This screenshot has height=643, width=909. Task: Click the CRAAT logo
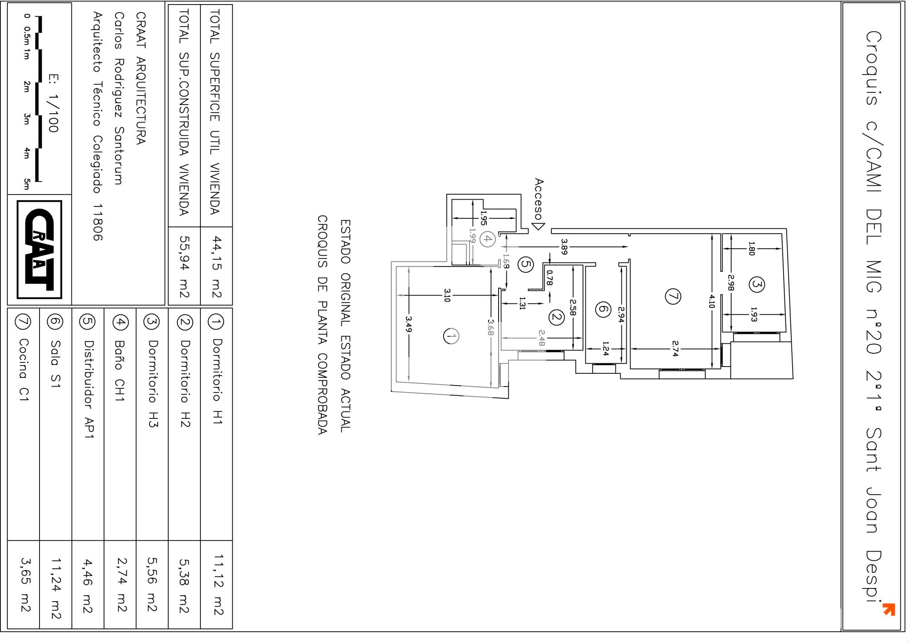pos(39,250)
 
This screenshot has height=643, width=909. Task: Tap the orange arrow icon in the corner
pos(889,609)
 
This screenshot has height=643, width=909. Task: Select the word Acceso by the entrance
pos(539,199)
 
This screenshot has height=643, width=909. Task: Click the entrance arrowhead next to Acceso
pos(539,226)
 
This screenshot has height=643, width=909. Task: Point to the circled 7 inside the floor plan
pos(673,296)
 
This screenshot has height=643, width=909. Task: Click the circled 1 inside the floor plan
pos(451,337)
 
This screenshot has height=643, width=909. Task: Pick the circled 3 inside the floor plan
pos(757,285)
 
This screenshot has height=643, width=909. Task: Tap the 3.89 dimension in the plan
pos(564,246)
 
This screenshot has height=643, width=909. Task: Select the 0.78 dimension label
pos(549,278)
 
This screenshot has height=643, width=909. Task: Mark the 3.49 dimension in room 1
pos(409,324)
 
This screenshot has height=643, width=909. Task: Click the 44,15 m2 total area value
pos(217,267)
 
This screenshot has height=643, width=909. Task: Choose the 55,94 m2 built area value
pos(185,267)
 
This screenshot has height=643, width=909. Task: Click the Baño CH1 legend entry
pos(120,371)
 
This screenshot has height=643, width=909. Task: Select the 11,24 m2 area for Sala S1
pos(56,589)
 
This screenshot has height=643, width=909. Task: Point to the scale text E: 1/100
pos(53,103)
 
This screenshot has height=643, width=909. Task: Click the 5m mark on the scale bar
pos(27,184)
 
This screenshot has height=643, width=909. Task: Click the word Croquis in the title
pos(874,68)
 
